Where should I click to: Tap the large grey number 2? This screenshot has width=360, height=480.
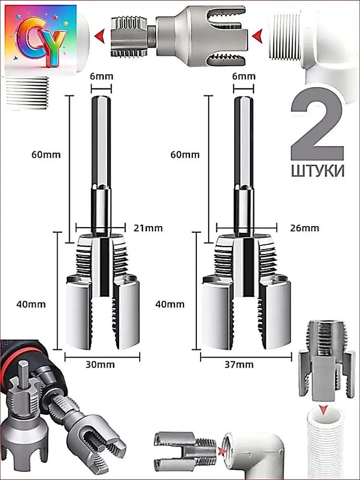pyautogui.click(x=317, y=129)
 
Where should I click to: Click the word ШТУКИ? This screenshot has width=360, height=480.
pyautogui.click(x=317, y=171)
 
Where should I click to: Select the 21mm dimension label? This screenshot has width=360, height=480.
pyautogui.click(x=148, y=228)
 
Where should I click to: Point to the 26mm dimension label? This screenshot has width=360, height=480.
pyautogui.click(x=305, y=228)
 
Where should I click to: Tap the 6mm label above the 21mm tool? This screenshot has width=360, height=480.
pyautogui.click(x=101, y=76)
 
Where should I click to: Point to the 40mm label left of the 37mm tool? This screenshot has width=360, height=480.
pyautogui.click(x=170, y=304)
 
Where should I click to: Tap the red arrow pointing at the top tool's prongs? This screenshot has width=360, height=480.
pyautogui.click(x=258, y=34)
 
